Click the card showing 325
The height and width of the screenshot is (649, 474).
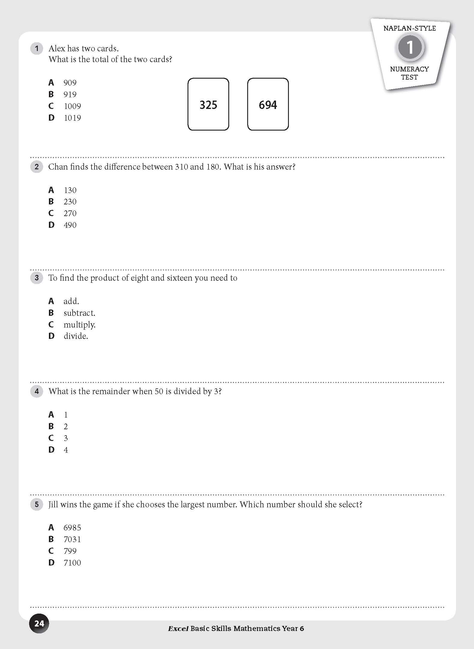[208, 104]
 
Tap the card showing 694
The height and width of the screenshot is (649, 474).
[268, 104]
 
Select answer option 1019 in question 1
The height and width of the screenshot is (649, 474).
[72, 118]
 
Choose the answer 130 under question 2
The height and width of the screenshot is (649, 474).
[70, 190]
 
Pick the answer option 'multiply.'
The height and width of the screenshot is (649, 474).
[79, 324]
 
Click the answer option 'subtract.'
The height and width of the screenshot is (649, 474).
[79, 313]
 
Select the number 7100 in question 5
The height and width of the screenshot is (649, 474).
[72, 563]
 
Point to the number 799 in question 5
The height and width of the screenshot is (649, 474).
[70, 551]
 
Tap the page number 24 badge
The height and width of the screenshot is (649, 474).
[39, 623]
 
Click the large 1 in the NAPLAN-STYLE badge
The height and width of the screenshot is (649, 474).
[409, 47]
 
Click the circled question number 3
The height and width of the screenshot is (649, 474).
[37, 278]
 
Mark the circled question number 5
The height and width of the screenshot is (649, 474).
[37, 504]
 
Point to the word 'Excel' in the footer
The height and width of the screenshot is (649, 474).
[178, 628]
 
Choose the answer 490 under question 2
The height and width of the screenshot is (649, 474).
[70, 225]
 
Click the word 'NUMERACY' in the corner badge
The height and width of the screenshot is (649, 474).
[409, 69]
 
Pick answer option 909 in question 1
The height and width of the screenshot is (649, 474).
[70, 83]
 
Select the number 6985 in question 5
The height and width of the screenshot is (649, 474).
[72, 527]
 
